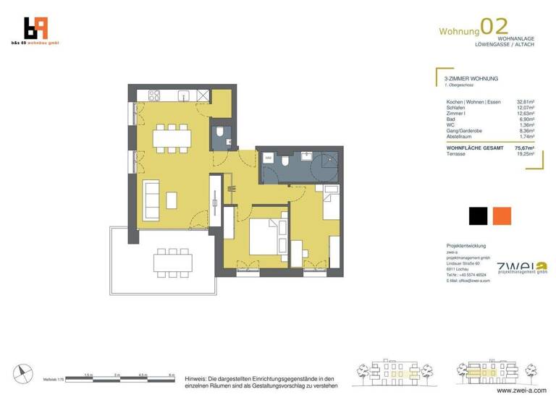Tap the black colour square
(477, 216)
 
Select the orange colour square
(501, 216)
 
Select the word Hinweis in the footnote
(197, 378)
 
